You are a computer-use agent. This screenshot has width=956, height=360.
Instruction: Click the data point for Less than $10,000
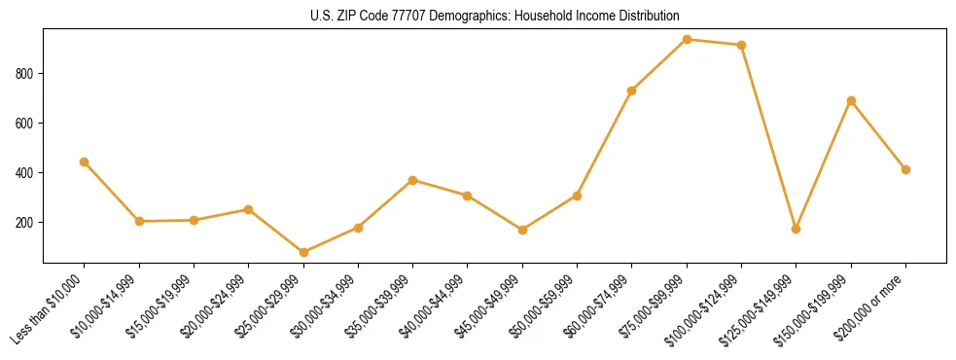[x=85, y=162]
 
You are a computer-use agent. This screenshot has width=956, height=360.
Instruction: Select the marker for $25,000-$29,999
[x=303, y=253]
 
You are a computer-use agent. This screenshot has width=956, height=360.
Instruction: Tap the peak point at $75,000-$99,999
[x=687, y=39]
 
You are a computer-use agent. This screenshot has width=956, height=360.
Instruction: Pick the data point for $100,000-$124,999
[x=741, y=45]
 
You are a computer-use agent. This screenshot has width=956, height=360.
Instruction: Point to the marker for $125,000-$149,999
[x=797, y=230]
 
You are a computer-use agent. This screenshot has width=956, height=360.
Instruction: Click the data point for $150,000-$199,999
[x=851, y=100]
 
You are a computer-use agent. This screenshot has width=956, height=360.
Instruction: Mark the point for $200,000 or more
[x=905, y=169]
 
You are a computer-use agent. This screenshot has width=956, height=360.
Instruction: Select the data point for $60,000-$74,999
[x=632, y=90]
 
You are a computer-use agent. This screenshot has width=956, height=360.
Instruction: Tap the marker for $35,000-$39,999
[x=413, y=180]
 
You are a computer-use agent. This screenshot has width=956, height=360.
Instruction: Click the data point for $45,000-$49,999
[x=522, y=230]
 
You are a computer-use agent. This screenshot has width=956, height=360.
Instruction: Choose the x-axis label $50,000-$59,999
[x=548, y=303]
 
